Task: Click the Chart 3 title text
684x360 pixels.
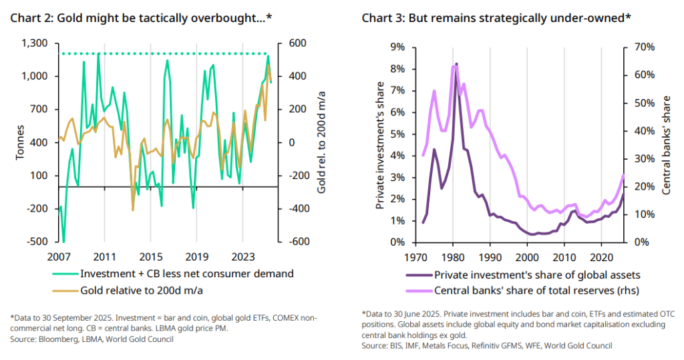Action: [496, 17]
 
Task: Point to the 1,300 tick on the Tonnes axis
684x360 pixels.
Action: [35, 43]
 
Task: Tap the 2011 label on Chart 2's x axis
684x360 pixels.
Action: [104, 256]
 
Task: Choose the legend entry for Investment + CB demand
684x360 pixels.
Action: [186, 273]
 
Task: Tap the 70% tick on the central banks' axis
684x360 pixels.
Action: [639, 47]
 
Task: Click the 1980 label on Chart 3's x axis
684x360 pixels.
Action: [454, 256]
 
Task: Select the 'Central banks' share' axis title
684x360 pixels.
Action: [666, 144]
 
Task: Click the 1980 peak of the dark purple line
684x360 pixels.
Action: [457, 64]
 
